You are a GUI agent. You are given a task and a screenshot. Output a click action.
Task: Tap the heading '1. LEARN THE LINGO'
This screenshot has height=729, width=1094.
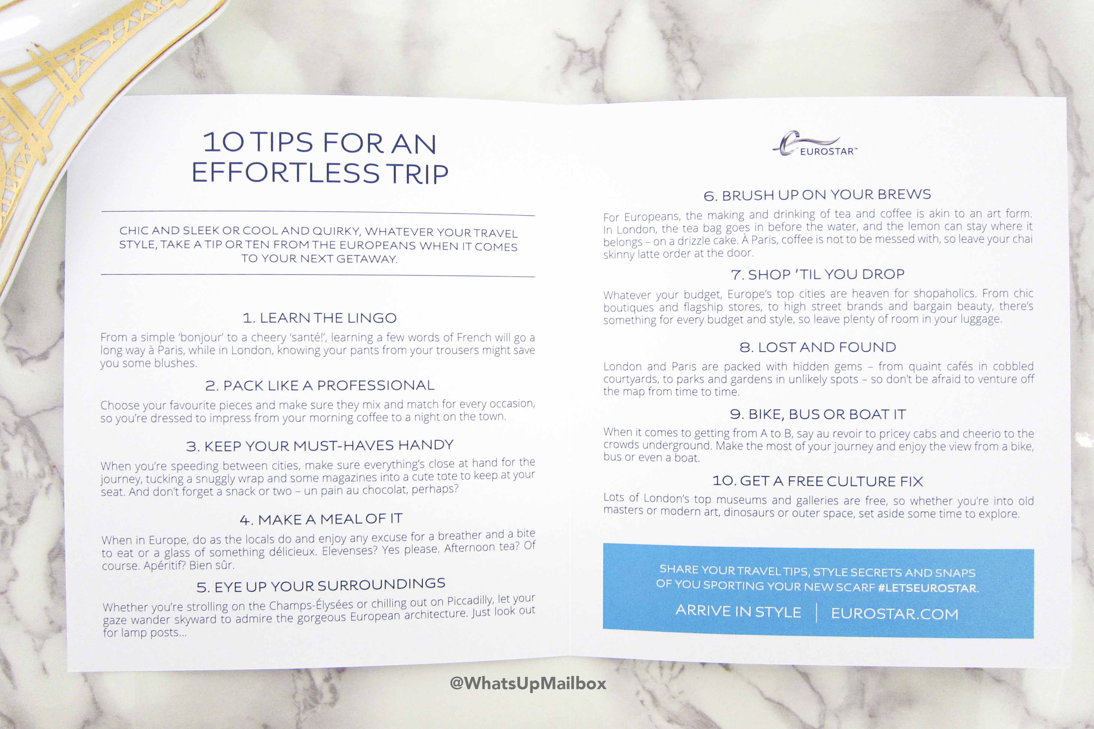[x=320, y=318]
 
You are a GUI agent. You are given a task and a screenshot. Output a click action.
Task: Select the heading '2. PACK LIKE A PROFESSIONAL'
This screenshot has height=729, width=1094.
[x=320, y=385]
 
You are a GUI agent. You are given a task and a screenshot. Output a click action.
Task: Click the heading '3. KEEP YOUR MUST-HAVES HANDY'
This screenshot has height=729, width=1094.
[x=320, y=446]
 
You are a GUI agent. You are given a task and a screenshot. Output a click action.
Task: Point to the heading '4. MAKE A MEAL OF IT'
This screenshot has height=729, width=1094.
[x=321, y=519]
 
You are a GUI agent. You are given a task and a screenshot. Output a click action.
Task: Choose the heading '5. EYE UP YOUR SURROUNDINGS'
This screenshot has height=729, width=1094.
[x=321, y=585]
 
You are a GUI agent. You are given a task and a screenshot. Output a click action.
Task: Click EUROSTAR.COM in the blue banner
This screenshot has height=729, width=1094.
[x=895, y=614]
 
